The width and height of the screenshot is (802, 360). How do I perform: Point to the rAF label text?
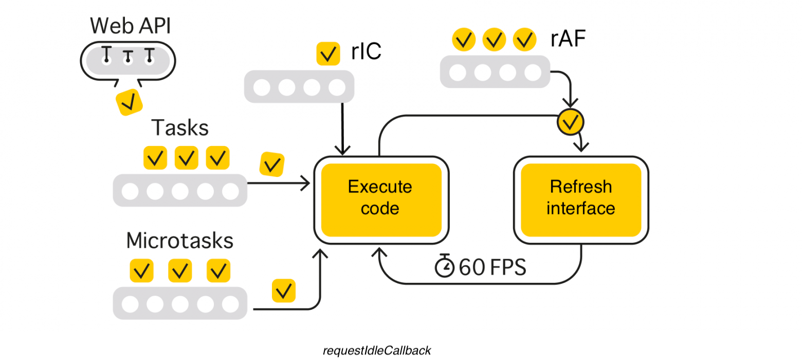pos(568,39)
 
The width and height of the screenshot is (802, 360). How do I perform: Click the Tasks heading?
pos(180,128)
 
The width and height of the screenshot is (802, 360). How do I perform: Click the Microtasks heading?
pos(179,241)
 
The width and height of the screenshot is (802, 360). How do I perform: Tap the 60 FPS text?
pos(493,267)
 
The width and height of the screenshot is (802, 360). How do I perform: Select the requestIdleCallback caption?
pos(376,351)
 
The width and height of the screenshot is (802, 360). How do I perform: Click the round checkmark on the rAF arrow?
pos(570,122)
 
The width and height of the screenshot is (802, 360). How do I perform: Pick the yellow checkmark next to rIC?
pos(327,53)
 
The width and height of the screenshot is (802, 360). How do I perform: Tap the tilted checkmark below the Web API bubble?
pos(129,102)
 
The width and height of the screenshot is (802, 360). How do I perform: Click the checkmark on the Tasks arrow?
pos(272,165)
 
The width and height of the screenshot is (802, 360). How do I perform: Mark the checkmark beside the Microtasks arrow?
pos(283,291)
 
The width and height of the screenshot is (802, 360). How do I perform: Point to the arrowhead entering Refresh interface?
pos(581,147)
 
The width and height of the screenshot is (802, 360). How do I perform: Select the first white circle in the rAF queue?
pos(458,73)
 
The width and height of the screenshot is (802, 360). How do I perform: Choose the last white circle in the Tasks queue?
pos(231,191)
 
